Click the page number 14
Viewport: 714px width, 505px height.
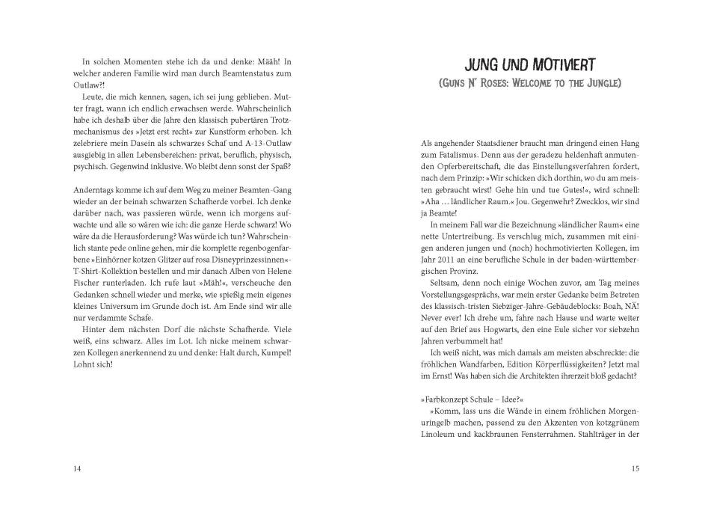[x=77, y=468]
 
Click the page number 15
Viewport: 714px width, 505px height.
[x=635, y=468]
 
